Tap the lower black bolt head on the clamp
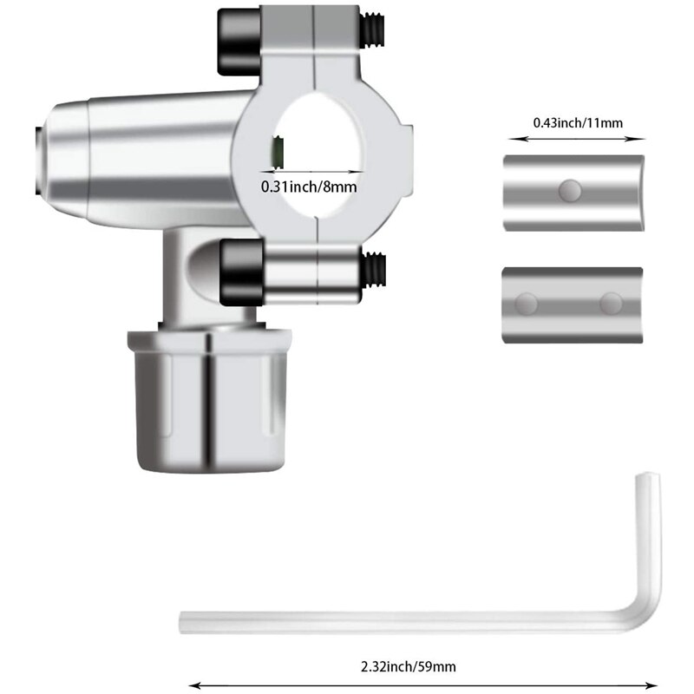coord(242,272)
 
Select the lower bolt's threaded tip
coord(376,269)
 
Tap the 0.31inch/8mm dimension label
coord(309,186)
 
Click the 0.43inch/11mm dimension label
coord(578,121)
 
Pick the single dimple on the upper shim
coord(570,188)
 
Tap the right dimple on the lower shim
coord(611,304)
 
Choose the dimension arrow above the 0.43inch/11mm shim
coord(578,136)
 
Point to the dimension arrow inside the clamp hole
coord(318,171)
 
